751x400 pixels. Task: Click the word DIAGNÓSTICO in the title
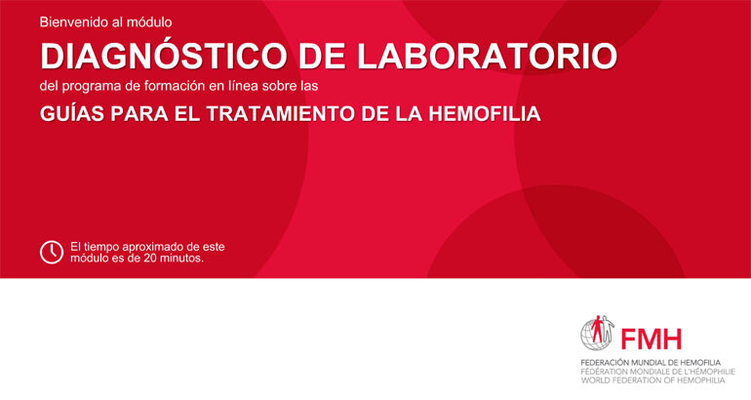[x=163, y=56]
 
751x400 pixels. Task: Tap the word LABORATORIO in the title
[x=487, y=57]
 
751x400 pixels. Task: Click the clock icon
[x=52, y=252]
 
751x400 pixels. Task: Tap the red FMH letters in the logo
[x=651, y=340]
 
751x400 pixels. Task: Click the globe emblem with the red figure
[x=597, y=333]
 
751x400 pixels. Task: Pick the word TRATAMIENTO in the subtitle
[x=281, y=114]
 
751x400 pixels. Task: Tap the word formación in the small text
[x=171, y=86]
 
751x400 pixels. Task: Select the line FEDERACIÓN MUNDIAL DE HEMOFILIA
[x=651, y=363]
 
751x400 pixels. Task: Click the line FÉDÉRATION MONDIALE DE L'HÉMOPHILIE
[x=658, y=372]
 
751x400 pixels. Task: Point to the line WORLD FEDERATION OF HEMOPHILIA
[x=652, y=380]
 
